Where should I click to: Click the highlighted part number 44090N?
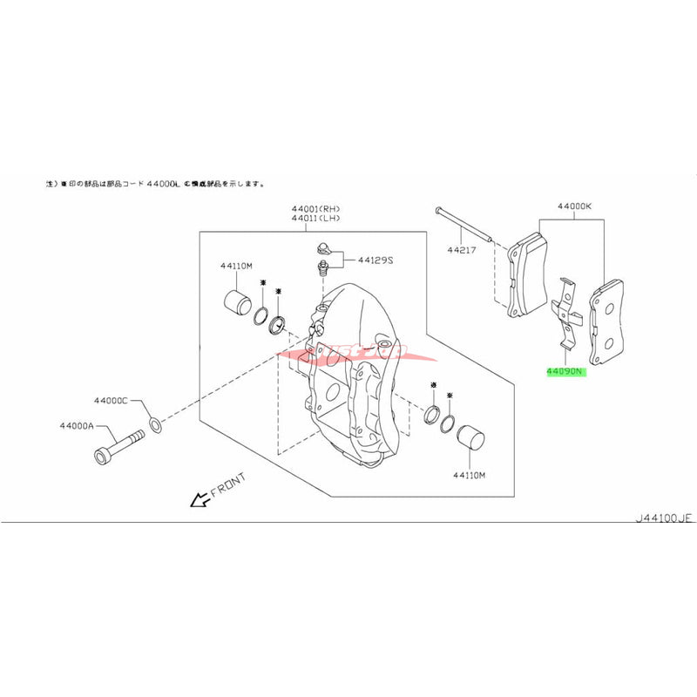[x=566, y=370]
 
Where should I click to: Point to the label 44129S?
[x=378, y=259]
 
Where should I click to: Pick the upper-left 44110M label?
[x=235, y=265]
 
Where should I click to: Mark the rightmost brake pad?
[x=607, y=321]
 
